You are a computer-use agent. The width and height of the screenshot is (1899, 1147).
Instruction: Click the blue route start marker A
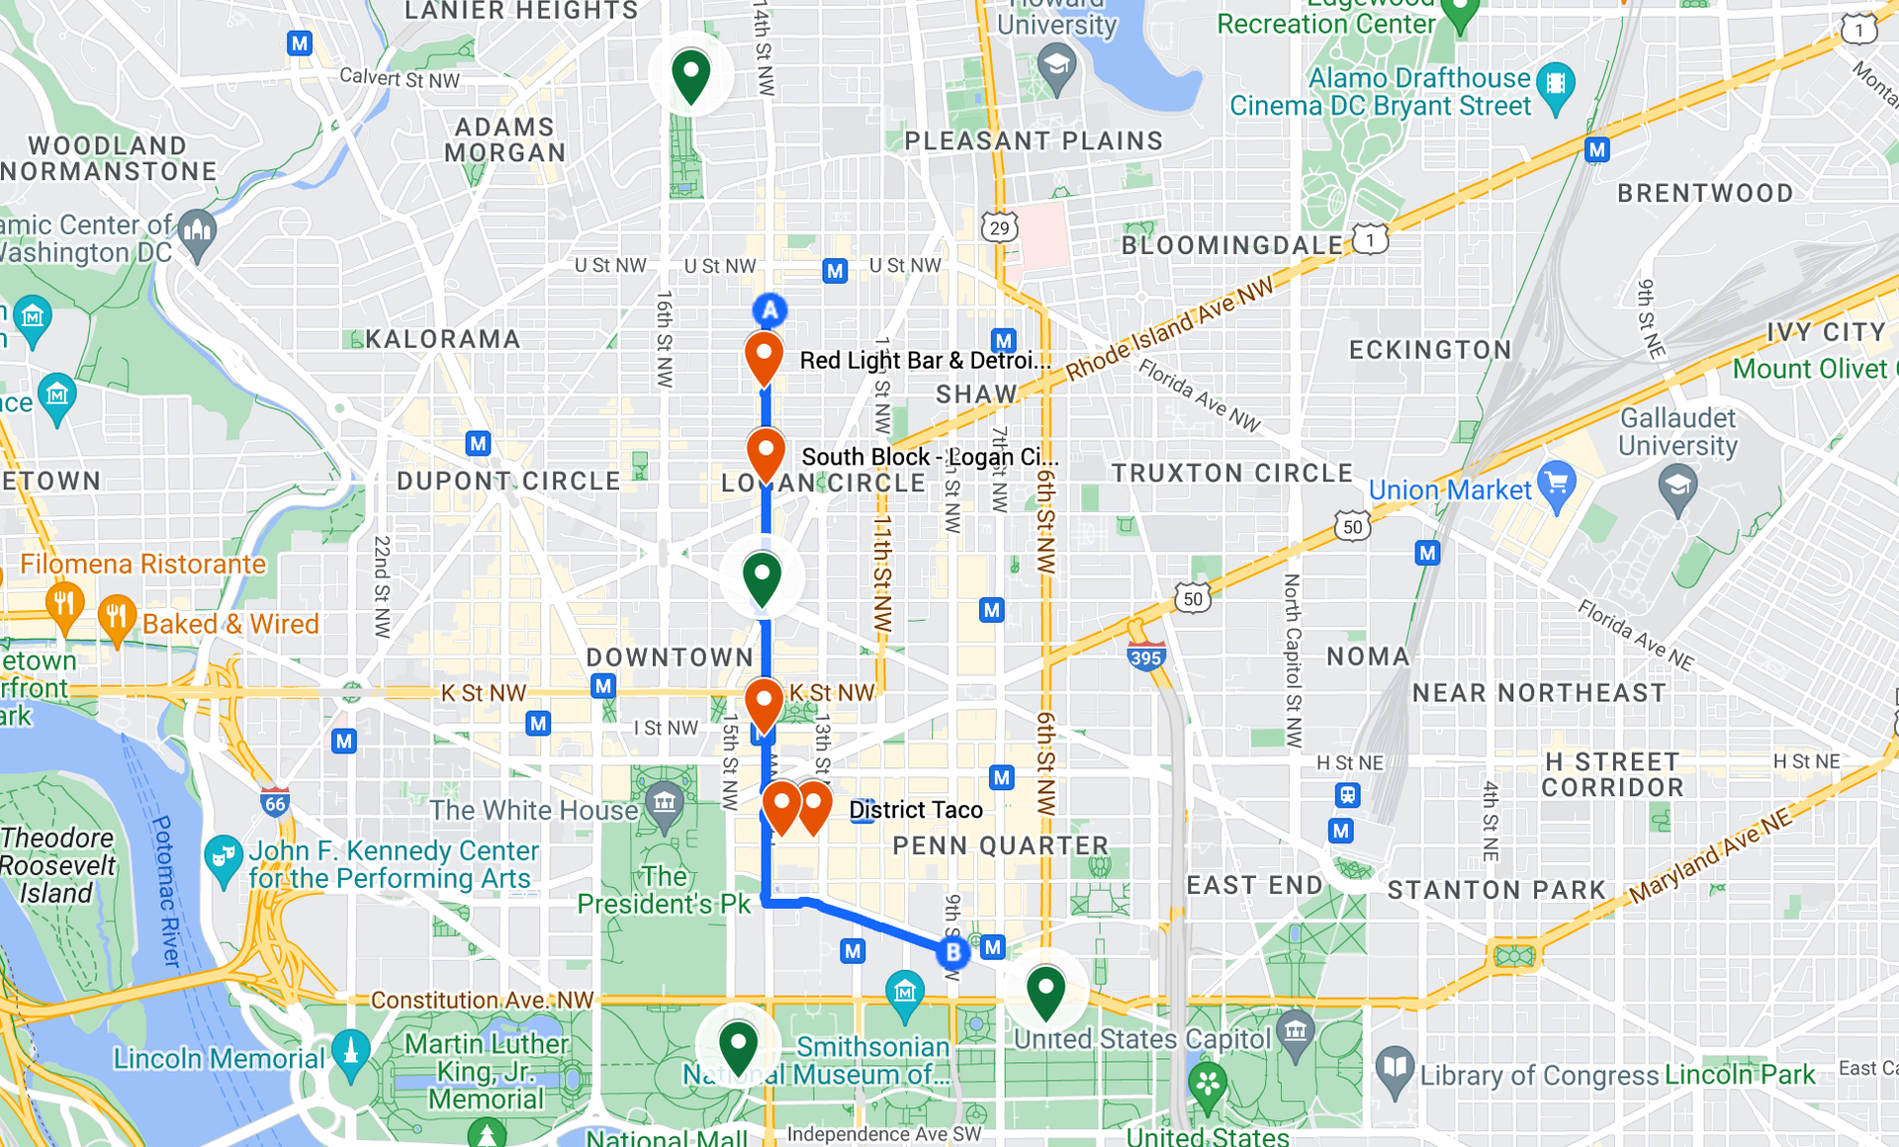click(769, 310)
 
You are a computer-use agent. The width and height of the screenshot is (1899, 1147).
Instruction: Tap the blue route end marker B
click(952, 952)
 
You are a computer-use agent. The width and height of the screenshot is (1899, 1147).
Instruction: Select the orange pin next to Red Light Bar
click(764, 357)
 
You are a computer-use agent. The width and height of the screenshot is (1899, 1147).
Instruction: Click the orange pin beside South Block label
click(766, 453)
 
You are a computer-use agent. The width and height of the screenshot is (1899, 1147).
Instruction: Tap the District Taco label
click(915, 810)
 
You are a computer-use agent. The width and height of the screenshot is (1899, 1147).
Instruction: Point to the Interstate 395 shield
click(1145, 657)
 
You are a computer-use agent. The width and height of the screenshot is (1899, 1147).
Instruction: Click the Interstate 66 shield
click(275, 803)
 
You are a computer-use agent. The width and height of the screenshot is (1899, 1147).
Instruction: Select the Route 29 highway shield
click(1000, 227)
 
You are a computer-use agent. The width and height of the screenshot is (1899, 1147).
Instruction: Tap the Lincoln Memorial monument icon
click(350, 1050)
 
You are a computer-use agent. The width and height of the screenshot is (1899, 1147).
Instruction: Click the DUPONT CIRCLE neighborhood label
click(508, 482)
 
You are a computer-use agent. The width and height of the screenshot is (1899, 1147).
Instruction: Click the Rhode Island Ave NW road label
click(1170, 330)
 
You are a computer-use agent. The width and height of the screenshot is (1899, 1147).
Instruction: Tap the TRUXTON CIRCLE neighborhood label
click(1231, 473)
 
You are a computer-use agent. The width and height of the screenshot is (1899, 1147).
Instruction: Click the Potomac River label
click(166, 891)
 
